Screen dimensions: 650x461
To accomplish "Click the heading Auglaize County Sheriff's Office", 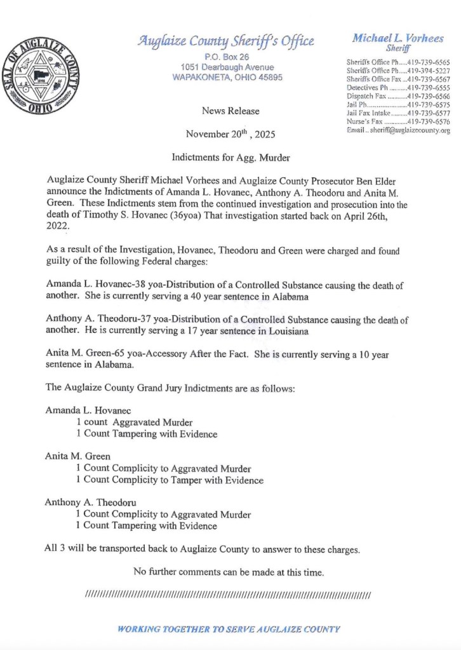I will point(227,42).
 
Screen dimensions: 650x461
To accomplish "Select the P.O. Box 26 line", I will point(227,57).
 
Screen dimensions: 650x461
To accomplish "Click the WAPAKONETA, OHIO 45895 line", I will point(227,77).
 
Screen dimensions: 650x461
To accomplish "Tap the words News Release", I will point(230,111).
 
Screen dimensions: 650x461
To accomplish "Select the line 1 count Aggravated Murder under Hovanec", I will point(135,422).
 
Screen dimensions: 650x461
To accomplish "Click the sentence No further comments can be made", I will point(229,572).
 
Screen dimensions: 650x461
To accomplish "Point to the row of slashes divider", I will point(227,595).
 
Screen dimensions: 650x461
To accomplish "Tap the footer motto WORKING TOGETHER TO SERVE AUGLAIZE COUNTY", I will point(229,629).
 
